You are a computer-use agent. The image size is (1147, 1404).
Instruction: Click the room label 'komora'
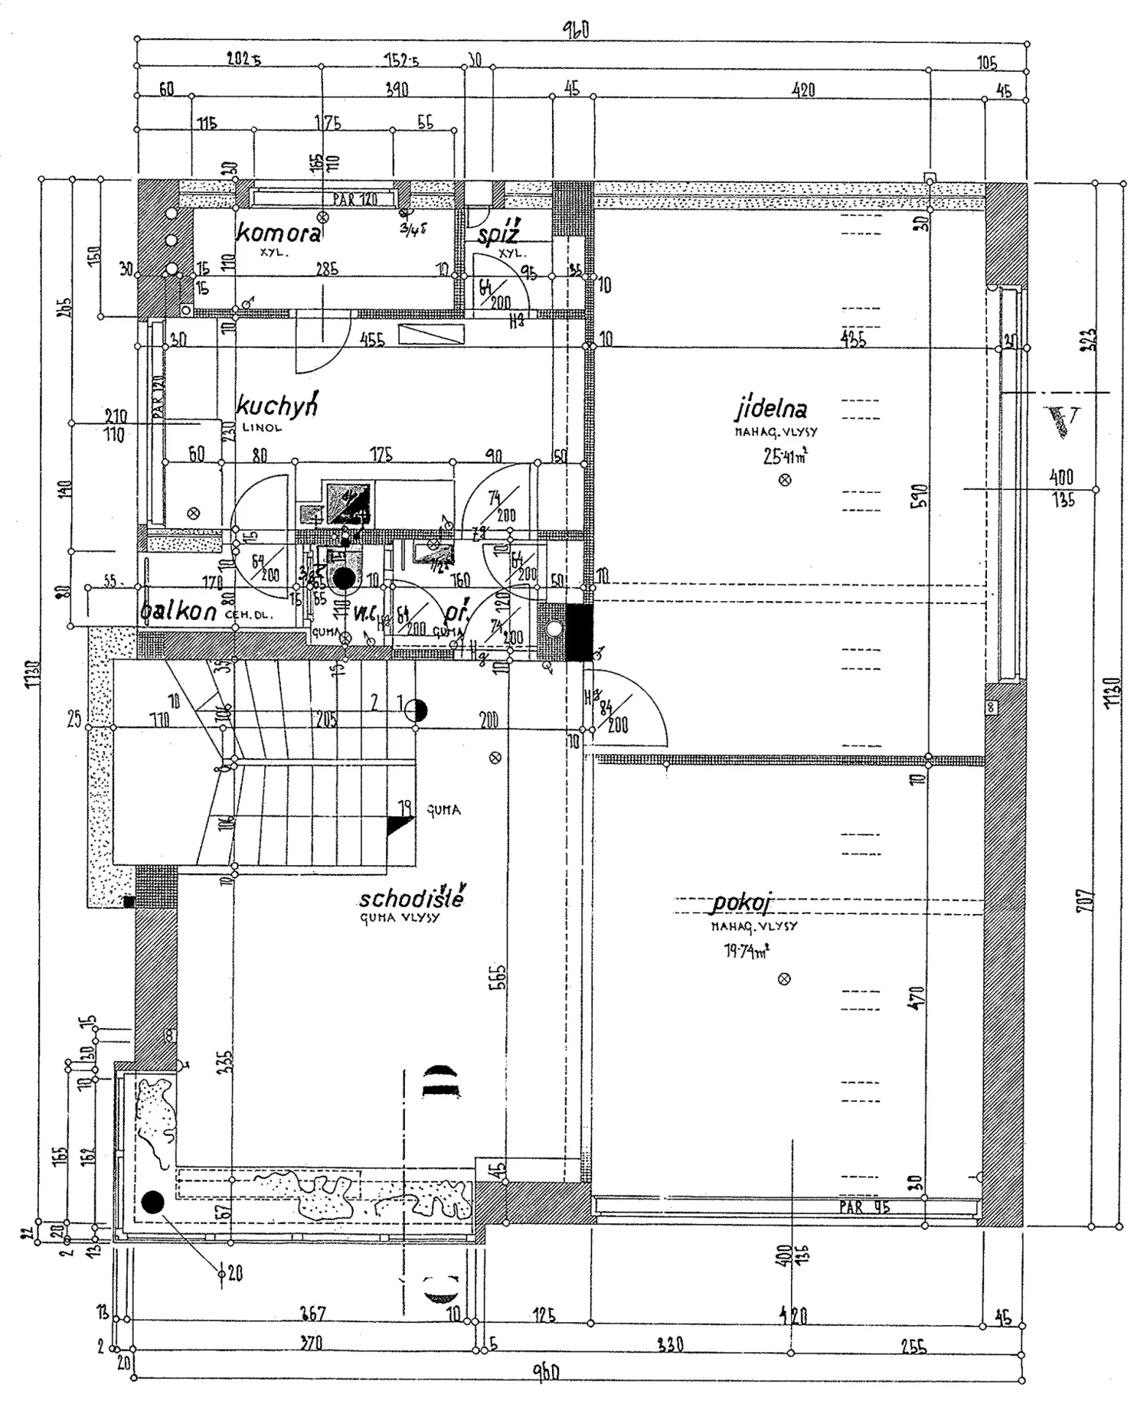click(x=278, y=233)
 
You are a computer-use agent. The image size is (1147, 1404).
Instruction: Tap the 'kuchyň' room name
click(x=277, y=406)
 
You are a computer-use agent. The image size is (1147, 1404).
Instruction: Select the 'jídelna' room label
click(x=771, y=407)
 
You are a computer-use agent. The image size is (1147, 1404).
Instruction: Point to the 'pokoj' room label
click(x=741, y=904)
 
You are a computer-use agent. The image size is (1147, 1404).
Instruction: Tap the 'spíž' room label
click(x=499, y=235)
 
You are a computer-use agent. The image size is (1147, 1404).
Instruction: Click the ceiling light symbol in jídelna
click(x=785, y=480)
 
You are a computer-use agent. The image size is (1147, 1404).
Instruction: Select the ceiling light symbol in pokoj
click(x=784, y=978)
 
